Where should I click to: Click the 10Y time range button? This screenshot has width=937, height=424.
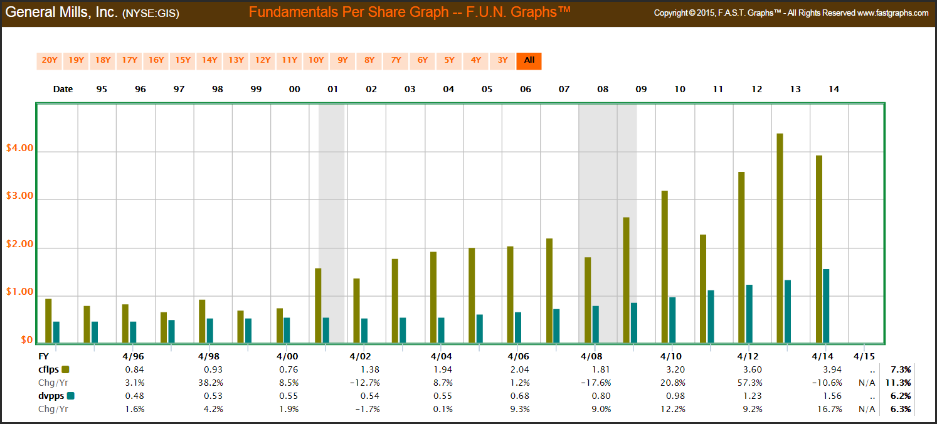[315, 61]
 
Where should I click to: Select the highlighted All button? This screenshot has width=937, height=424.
[529, 61]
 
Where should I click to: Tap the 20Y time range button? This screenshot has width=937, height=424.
[49, 61]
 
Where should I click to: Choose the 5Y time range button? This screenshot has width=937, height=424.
[449, 61]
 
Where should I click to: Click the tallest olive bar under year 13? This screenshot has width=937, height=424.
[780, 238]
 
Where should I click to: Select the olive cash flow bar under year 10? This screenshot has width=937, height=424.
[664, 267]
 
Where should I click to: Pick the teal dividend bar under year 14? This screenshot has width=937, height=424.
[826, 306]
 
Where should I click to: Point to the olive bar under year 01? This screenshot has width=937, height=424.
[318, 305]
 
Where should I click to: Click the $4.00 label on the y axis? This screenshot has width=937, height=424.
[18, 149]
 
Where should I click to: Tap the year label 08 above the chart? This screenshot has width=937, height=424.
[603, 89]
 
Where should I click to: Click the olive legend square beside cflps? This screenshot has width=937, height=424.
[65, 369]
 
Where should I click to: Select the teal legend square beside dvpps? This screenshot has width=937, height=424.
[70, 396]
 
